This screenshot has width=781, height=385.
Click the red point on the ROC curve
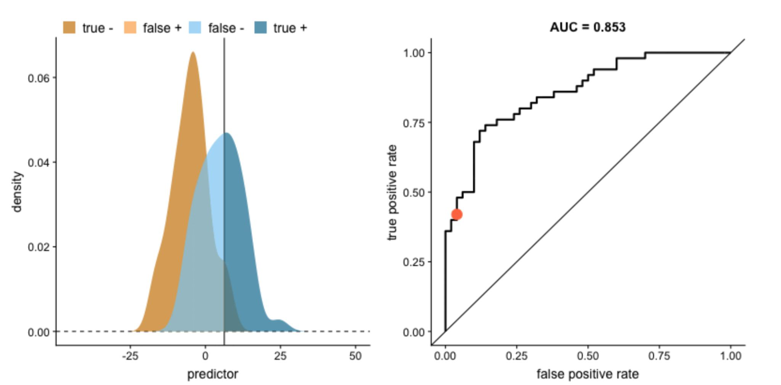click(456, 214)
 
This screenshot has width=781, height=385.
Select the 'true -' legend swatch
click(69, 28)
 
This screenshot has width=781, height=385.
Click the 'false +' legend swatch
click(130, 28)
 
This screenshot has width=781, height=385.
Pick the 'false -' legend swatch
click(195, 28)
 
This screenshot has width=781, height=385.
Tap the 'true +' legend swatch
click(260, 28)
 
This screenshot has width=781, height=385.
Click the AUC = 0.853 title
click(587, 27)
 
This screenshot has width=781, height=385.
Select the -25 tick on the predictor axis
click(130, 356)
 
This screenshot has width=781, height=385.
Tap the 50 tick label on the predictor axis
click(355, 356)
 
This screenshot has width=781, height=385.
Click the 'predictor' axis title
click(212, 374)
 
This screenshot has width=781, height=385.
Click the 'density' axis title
click(17, 192)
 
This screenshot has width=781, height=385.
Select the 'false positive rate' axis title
click(587, 374)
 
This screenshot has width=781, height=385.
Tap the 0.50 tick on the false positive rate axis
click(588, 356)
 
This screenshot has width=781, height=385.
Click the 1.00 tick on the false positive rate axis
click(730, 356)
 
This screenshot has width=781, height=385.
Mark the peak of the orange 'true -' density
click(193, 52)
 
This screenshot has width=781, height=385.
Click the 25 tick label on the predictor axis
click(280, 356)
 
